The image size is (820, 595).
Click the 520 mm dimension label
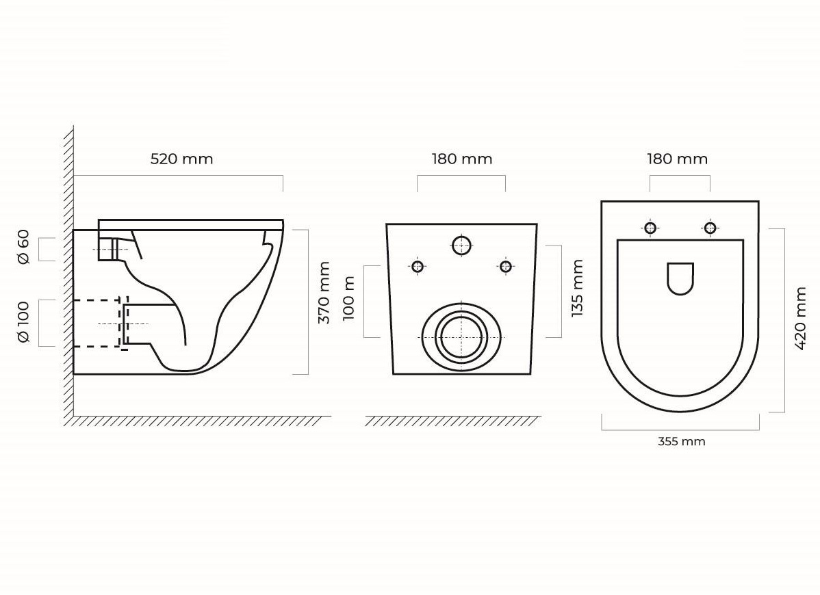click(181, 159)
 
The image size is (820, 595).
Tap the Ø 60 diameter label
click(23, 247)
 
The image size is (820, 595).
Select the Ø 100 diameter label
click(23, 322)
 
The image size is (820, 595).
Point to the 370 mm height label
click(324, 293)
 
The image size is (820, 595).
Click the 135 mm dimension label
click(577, 289)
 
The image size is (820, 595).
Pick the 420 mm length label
click(800, 318)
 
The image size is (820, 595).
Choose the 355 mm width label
click(682, 441)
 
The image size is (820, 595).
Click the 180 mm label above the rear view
click(462, 159)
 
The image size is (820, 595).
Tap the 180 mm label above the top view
click(677, 159)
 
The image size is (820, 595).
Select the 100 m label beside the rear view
click(349, 297)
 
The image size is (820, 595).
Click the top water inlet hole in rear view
click(462, 245)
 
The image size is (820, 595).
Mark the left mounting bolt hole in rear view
click(418, 267)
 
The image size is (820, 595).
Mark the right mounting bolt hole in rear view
click(506, 267)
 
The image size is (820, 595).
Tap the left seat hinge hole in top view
click(650, 228)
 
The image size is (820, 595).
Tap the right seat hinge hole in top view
click(710, 228)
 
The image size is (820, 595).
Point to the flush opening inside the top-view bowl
click(680, 278)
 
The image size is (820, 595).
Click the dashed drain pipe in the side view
click(99, 300)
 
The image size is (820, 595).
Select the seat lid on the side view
click(191, 225)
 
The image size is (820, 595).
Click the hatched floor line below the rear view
click(453, 421)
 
